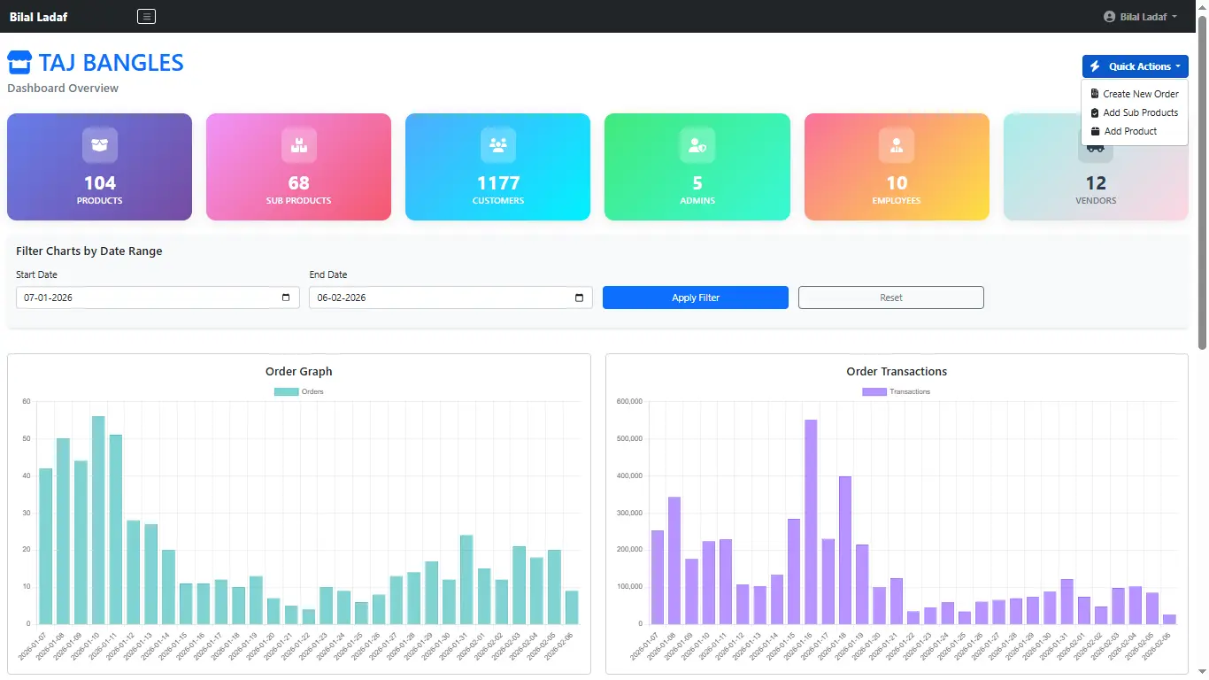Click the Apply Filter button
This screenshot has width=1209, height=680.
[x=695, y=297]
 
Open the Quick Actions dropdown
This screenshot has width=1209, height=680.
[x=1135, y=66]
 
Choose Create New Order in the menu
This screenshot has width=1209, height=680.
[x=1140, y=94]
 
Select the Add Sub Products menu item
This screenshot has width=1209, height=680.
[x=1140, y=112]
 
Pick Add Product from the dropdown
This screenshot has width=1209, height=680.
[x=1130, y=131]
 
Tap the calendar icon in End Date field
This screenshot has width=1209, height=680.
[x=579, y=297]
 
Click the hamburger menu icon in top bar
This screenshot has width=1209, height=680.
[x=147, y=16]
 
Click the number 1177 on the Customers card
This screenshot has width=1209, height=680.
[x=498, y=183]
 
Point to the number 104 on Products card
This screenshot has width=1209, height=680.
[x=100, y=183]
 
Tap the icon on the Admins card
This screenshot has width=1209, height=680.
[x=697, y=145]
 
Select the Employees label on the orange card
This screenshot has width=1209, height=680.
[x=897, y=201]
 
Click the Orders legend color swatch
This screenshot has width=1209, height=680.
[x=286, y=391]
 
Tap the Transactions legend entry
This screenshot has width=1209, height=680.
[x=896, y=391]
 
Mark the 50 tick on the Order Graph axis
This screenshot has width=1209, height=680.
[x=27, y=439]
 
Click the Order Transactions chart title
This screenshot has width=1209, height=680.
[x=897, y=372]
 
